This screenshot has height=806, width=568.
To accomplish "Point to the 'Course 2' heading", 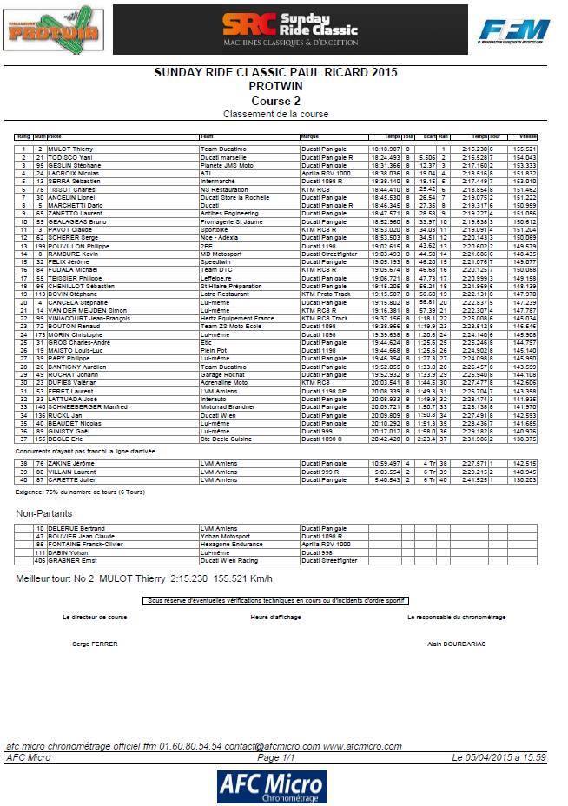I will pos(276,101).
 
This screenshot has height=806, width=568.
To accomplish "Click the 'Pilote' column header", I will pos(55,136).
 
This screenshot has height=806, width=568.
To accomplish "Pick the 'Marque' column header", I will pos(310,136).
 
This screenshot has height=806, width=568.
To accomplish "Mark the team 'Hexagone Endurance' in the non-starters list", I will pos(229,544).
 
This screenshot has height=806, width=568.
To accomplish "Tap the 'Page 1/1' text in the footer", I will pos(274,757).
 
